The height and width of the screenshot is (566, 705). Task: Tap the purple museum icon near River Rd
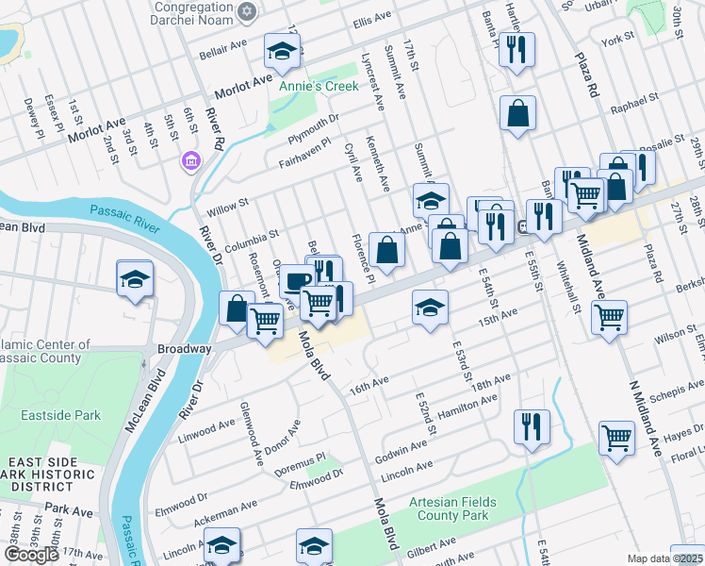[x=191, y=161]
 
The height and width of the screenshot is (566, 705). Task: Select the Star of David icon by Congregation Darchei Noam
[x=247, y=11]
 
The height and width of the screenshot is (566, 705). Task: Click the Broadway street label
[x=185, y=348]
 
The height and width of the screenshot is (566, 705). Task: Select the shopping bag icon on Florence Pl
[x=386, y=250]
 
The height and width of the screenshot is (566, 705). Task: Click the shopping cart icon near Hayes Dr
[x=616, y=438]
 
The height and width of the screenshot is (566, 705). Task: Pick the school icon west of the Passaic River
[x=136, y=278]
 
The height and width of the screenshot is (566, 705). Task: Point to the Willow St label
[x=228, y=202]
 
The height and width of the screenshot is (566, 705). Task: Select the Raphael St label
[x=633, y=101]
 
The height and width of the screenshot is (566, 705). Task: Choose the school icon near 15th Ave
[x=430, y=308]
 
